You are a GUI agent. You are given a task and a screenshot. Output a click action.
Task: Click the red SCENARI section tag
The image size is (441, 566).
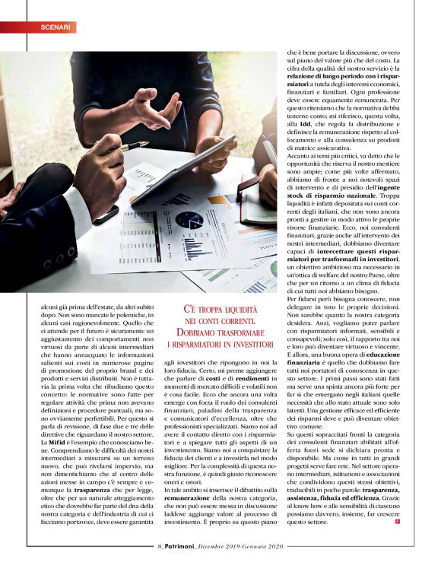pos(56,27)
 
